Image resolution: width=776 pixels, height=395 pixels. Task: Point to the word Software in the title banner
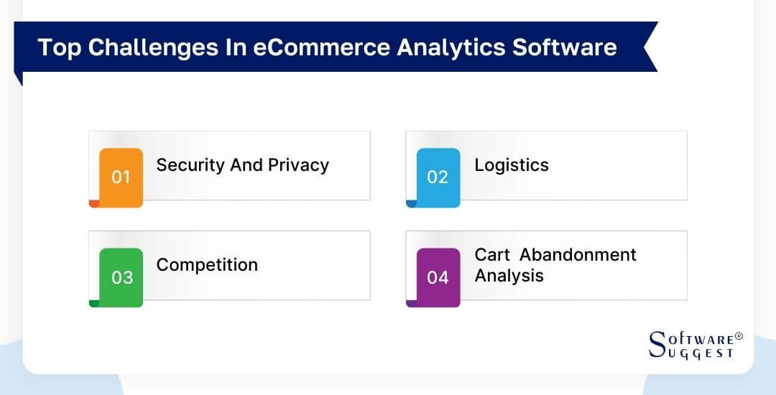click(564, 47)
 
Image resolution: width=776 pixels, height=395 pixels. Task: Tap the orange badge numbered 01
click(121, 177)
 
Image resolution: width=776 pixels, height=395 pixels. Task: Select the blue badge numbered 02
click(438, 177)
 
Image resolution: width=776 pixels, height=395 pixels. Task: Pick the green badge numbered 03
click(121, 276)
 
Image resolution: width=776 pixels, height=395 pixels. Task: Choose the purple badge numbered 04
click(438, 276)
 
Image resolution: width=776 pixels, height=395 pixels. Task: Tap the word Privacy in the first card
click(298, 165)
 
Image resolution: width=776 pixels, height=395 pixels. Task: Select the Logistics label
click(511, 165)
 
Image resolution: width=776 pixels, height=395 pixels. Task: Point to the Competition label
click(207, 265)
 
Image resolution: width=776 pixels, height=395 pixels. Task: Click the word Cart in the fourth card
click(492, 255)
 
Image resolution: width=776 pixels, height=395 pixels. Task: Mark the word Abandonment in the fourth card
click(578, 255)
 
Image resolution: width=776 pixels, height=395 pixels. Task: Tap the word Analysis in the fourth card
click(509, 276)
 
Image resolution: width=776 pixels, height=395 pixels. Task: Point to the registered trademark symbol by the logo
click(739, 336)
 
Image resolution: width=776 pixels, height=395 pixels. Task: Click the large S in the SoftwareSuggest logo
click(657, 345)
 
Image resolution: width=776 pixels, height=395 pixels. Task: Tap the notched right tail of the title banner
click(648, 47)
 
